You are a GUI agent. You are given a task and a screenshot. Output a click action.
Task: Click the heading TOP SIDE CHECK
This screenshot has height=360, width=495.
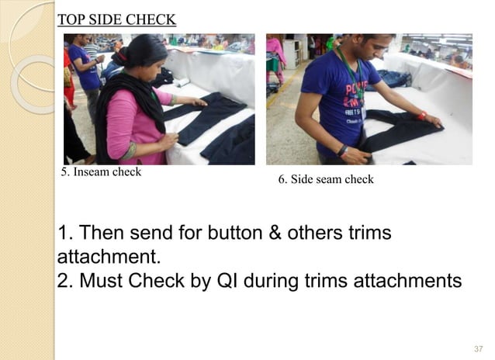pos(117,19)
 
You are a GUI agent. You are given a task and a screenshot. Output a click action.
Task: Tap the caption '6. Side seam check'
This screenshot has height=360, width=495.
pos(326,179)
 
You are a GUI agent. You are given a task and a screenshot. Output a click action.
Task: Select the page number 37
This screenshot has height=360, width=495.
pos(478,347)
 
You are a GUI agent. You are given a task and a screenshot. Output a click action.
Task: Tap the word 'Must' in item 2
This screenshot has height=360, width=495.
pos(99,280)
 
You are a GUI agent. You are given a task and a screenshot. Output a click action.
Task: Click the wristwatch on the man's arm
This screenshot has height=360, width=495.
pos(341,150)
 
